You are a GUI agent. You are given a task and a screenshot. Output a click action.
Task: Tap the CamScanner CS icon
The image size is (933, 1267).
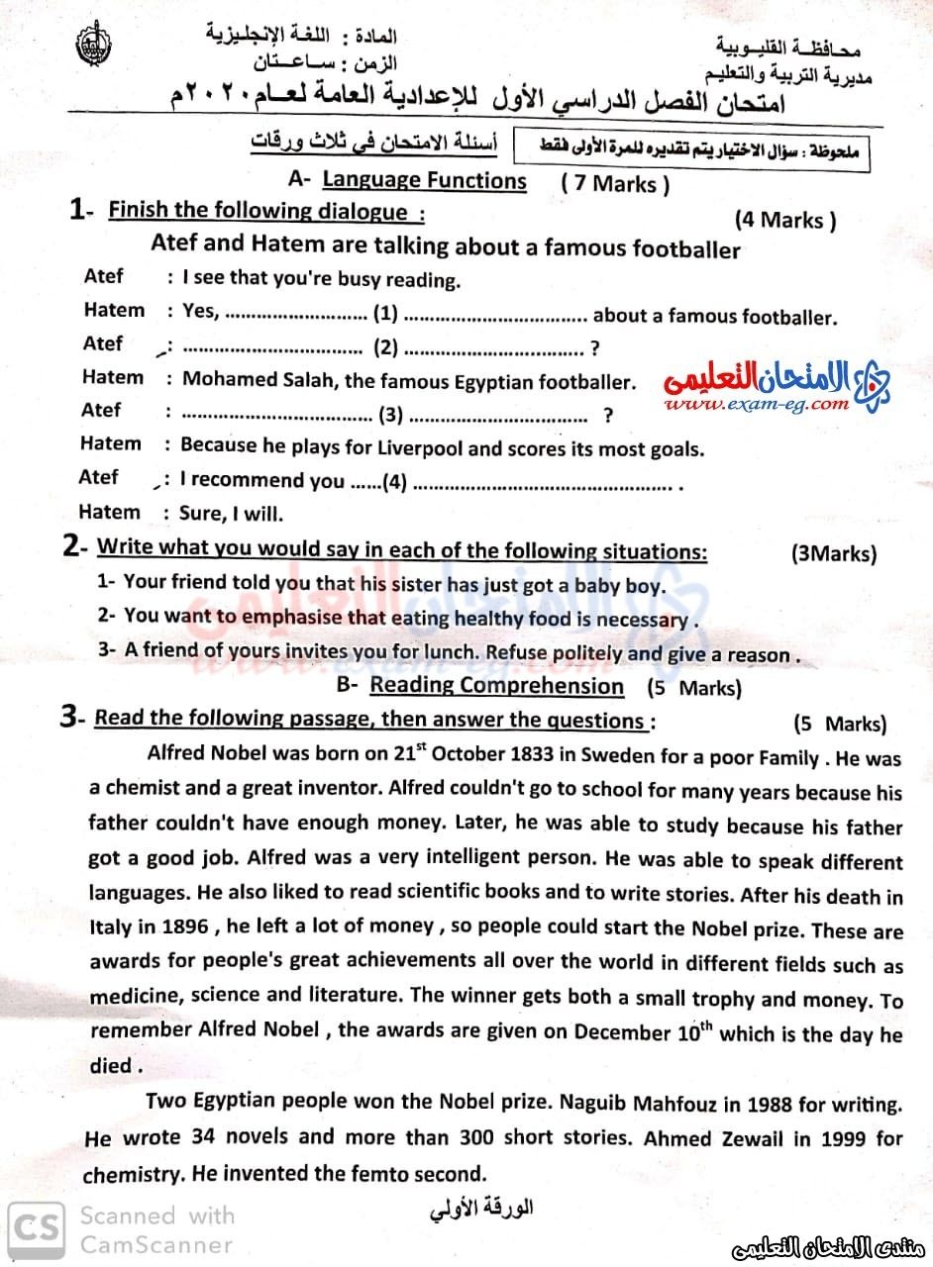click(33, 1228)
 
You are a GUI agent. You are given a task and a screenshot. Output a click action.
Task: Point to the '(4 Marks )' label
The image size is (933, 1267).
click(785, 220)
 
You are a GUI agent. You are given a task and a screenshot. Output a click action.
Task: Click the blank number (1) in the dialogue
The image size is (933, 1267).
click(385, 315)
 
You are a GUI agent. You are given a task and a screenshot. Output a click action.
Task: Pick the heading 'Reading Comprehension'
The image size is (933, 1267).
click(496, 686)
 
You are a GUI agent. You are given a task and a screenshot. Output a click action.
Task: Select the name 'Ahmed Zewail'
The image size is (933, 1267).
click(704, 1137)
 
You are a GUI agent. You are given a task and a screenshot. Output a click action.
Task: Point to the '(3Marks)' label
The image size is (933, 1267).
click(834, 553)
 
